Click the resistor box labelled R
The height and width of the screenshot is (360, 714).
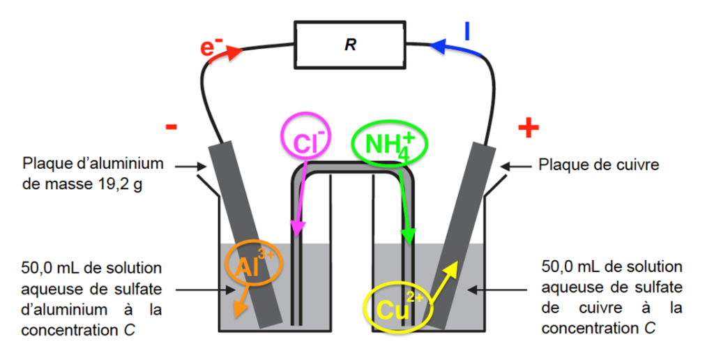tap(350, 45)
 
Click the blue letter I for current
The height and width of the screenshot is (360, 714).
tap(466, 31)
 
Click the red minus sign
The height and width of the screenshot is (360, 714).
tap(172, 127)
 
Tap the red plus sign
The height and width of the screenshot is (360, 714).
tap(529, 127)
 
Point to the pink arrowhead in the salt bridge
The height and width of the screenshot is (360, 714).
tap(297, 228)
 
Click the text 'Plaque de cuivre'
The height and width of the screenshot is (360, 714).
tap(599, 164)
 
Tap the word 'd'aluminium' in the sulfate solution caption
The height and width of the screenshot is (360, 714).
tap(64, 310)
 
